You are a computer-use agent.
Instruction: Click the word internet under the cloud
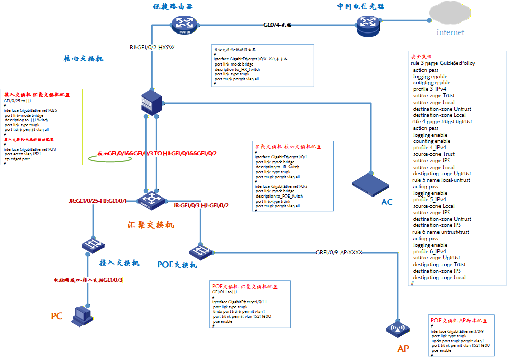click(x=451, y=32)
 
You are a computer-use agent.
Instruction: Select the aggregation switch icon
click(x=151, y=200)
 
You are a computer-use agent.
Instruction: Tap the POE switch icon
click(x=198, y=251)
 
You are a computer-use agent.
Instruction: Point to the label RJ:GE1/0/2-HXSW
click(x=152, y=48)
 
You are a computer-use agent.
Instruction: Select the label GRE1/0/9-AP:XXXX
click(x=339, y=252)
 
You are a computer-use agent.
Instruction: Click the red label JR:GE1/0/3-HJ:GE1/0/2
click(x=201, y=206)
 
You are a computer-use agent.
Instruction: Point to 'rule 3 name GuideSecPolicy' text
click(x=443, y=63)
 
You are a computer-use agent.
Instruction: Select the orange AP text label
click(x=403, y=349)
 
